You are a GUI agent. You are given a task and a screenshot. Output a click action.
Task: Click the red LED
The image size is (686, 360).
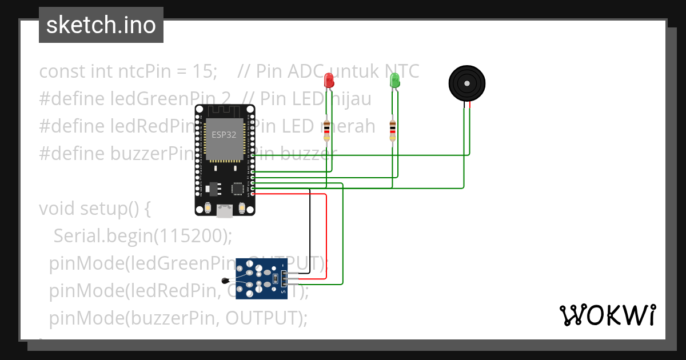click(x=329, y=81)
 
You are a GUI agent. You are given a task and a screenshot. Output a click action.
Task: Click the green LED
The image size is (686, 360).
click(x=394, y=81)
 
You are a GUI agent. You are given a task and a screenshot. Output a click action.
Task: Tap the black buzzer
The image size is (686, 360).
click(x=467, y=83)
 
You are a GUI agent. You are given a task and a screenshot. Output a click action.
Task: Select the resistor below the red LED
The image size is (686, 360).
click(x=326, y=130)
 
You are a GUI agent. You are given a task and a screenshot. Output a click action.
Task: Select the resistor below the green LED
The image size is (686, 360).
click(x=392, y=130)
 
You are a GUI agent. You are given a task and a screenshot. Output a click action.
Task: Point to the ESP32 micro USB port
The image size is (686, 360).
click(x=224, y=211)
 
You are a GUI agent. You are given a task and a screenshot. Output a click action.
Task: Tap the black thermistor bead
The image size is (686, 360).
click(x=225, y=280)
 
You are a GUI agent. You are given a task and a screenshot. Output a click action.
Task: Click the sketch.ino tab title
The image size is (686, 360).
click(x=101, y=25)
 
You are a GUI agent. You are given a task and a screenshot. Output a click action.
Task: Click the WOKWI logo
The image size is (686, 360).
click(x=607, y=315)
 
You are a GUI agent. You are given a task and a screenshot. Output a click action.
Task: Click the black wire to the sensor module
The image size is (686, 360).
click(x=310, y=229)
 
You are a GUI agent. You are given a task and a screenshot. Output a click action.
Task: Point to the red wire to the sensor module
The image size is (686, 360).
click(x=326, y=234)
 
